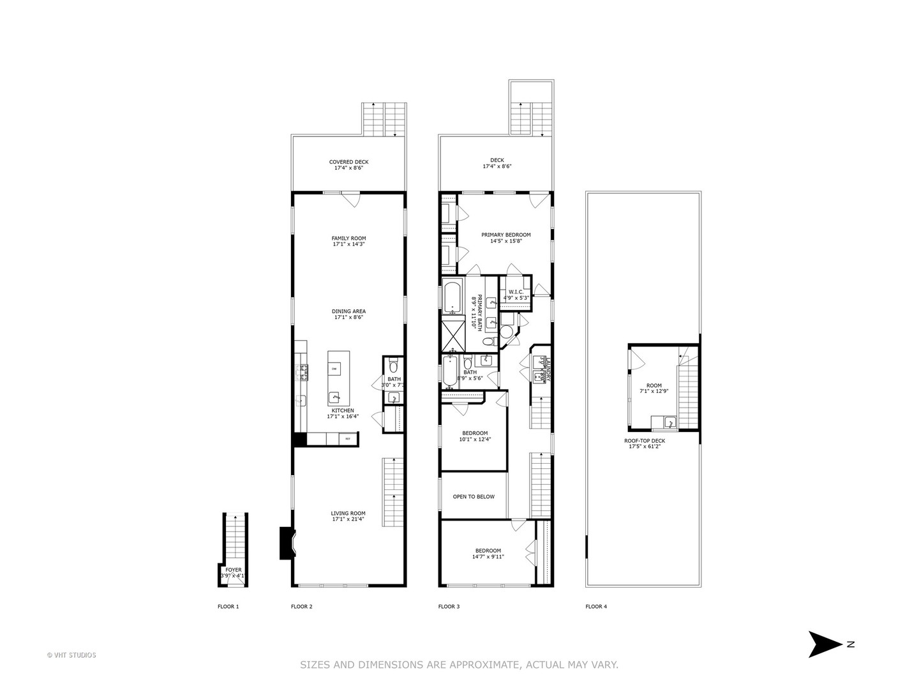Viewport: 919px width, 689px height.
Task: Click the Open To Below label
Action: click(474, 496)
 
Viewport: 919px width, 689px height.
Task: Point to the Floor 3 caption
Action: click(449, 607)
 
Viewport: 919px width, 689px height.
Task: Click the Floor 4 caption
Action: click(596, 607)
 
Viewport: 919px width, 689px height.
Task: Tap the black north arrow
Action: click(825, 644)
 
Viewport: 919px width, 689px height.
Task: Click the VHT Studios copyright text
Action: click(71, 655)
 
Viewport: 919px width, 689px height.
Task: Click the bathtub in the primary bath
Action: click(452, 297)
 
